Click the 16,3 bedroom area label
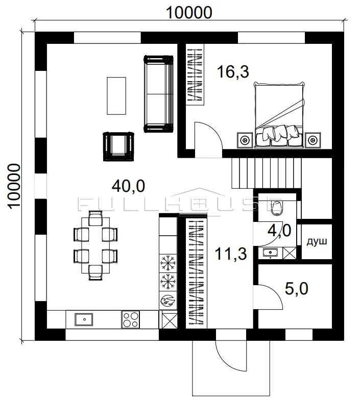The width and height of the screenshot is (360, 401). point(233,71)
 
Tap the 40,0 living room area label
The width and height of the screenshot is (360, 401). point(129,186)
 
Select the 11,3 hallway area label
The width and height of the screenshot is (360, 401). point(231,254)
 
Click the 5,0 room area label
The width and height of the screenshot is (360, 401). point(297,289)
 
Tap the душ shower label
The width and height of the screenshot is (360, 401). point(317,241)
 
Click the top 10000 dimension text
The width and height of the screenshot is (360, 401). point(189,12)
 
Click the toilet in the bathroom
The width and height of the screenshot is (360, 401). point(276,208)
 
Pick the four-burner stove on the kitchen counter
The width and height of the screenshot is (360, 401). point(131,319)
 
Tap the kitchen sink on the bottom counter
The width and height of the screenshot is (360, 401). point(84,319)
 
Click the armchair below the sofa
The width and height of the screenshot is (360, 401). point(118,146)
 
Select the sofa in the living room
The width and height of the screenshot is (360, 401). point(158,94)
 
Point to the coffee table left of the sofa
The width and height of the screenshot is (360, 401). point(116,95)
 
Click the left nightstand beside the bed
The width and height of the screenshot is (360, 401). point(245,140)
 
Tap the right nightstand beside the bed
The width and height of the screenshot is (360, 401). point(313,140)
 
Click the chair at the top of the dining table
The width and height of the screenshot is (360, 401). point(95,218)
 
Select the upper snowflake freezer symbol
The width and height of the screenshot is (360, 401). point(168,263)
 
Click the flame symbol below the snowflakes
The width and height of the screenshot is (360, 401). point(168,300)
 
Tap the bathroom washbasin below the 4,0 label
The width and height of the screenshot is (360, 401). point(271,253)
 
